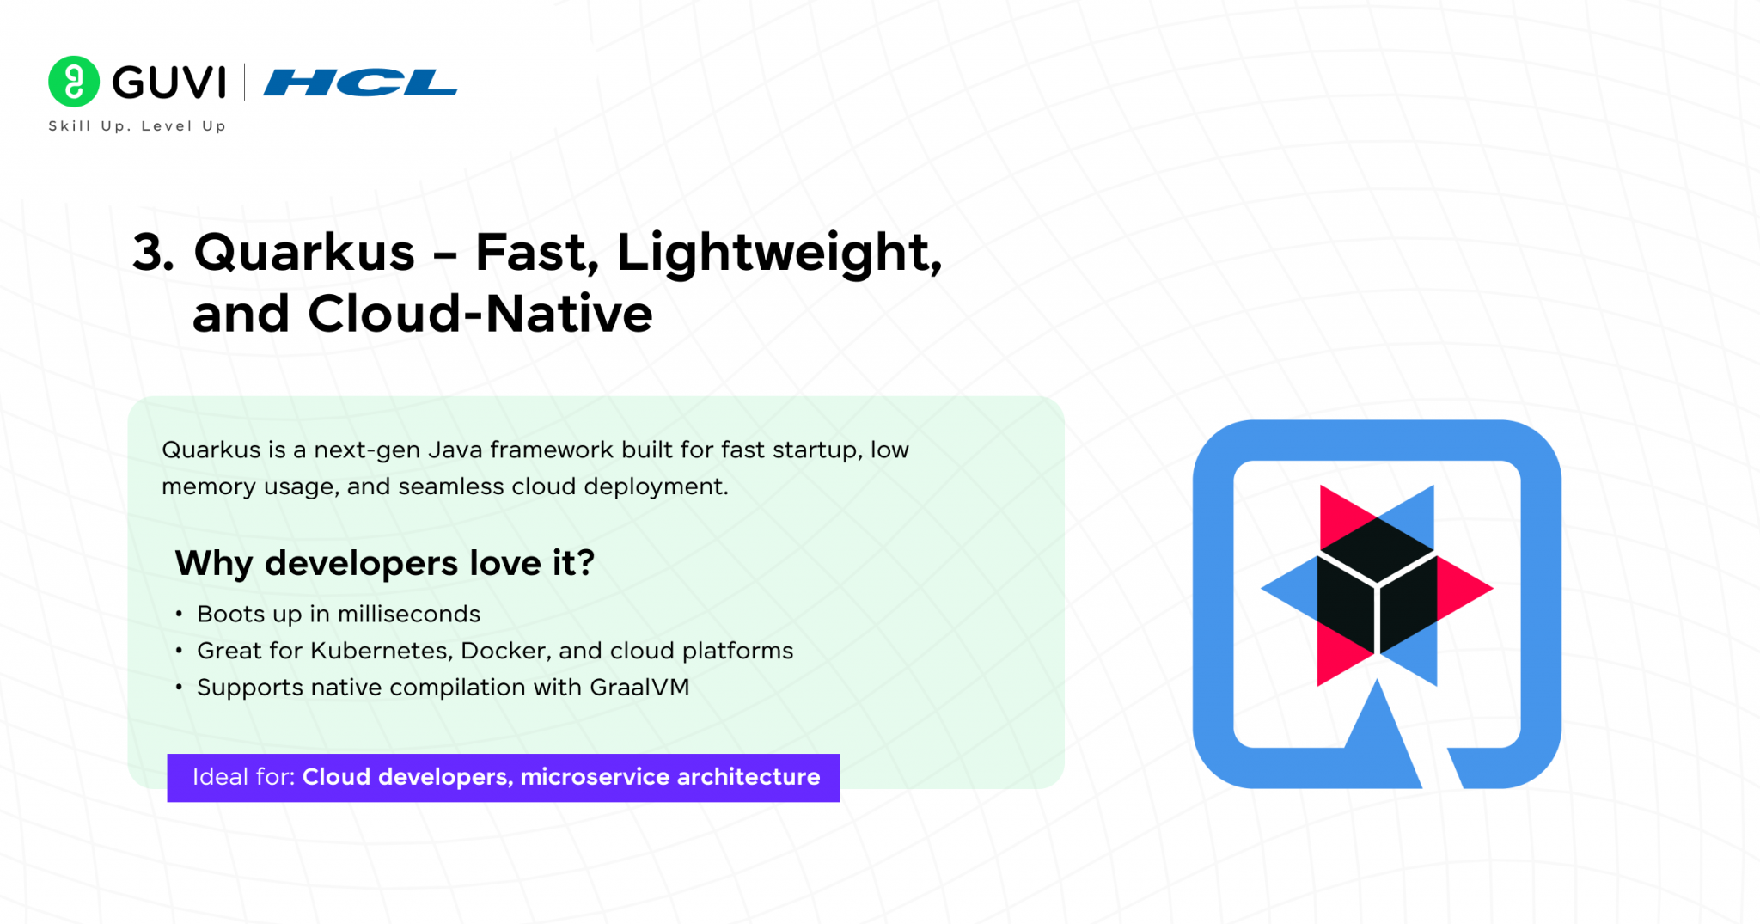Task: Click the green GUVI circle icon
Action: (x=74, y=82)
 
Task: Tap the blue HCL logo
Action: (x=360, y=83)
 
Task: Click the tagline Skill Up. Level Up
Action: (x=137, y=126)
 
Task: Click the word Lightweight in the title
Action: (x=779, y=253)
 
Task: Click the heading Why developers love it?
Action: (x=384, y=563)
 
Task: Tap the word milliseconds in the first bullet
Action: (x=408, y=614)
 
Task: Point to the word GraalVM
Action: (x=639, y=688)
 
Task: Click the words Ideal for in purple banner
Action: (x=243, y=777)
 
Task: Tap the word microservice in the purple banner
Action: (x=595, y=777)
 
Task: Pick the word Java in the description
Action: (x=455, y=450)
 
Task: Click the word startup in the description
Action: (x=816, y=450)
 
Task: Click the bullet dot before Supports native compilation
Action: (x=179, y=688)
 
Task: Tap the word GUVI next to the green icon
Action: (x=169, y=83)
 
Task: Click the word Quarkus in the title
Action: (x=304, y=253)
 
